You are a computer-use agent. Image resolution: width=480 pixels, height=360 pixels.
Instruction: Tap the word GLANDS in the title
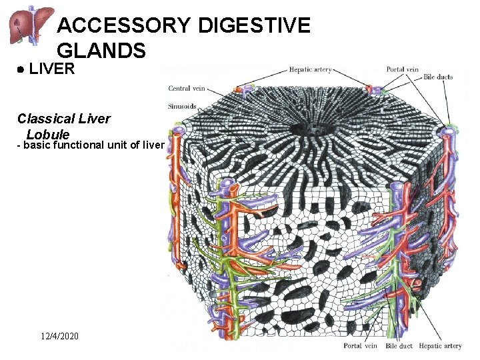click(x=101, y=50)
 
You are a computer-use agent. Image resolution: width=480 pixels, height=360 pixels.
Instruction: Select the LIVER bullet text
click(x=52, y=69)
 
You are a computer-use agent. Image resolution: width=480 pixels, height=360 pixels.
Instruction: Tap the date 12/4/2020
click(x=59, y=337)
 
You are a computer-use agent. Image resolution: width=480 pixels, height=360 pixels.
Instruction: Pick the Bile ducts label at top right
click(x=438, y=77)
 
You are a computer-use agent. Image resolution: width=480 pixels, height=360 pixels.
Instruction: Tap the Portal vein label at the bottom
click(x=361, y=346)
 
